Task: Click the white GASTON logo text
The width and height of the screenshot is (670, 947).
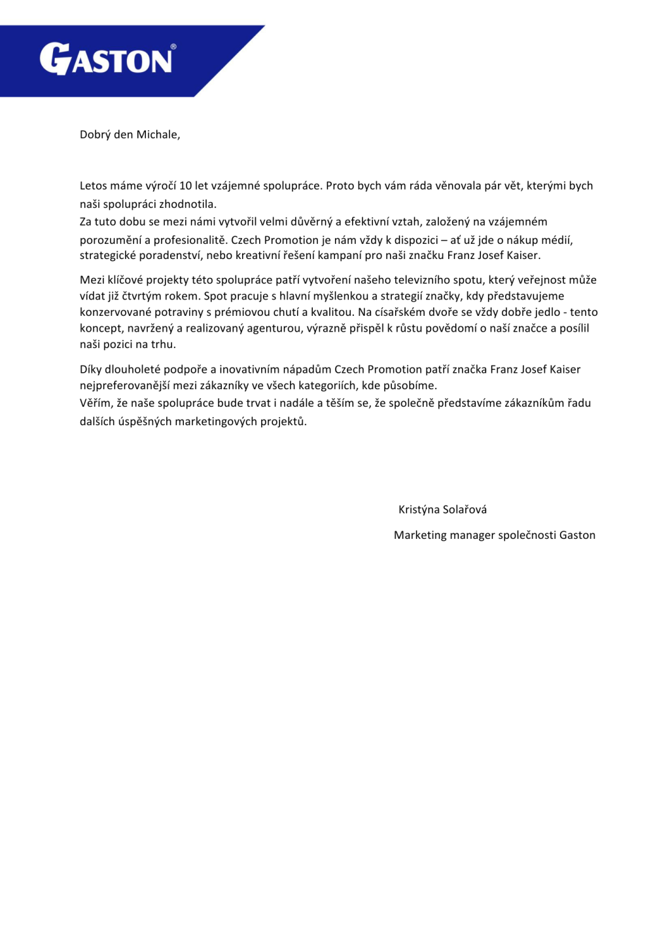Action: click(106, 60)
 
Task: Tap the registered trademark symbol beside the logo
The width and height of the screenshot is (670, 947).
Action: click(173, 47)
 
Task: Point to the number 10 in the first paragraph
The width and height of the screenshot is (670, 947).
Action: click(186, 186)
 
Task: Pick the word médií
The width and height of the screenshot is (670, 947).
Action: click(557, 240)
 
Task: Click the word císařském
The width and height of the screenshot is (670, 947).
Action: click(399, 312)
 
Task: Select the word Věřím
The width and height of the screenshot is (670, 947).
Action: click(96, 403)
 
